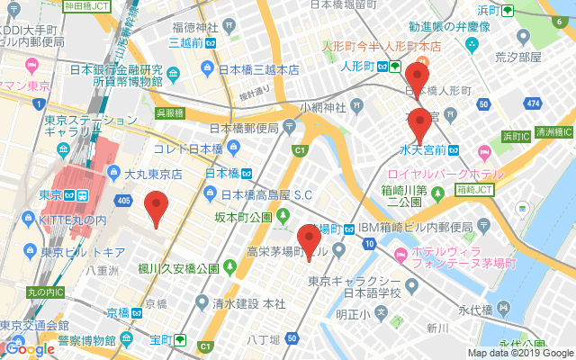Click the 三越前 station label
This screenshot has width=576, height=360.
coord(185,41)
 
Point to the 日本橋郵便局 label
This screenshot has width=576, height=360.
coord(245,128)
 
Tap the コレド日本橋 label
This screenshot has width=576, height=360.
coord(187,148)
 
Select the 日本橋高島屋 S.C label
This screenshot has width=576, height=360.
coord(265,194)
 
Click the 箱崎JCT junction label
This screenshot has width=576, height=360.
coord(474,190)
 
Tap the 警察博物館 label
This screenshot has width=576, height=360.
coord(85,340)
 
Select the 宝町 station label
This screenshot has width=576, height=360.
coord(162,340)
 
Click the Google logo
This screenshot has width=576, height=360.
coord(29,348)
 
